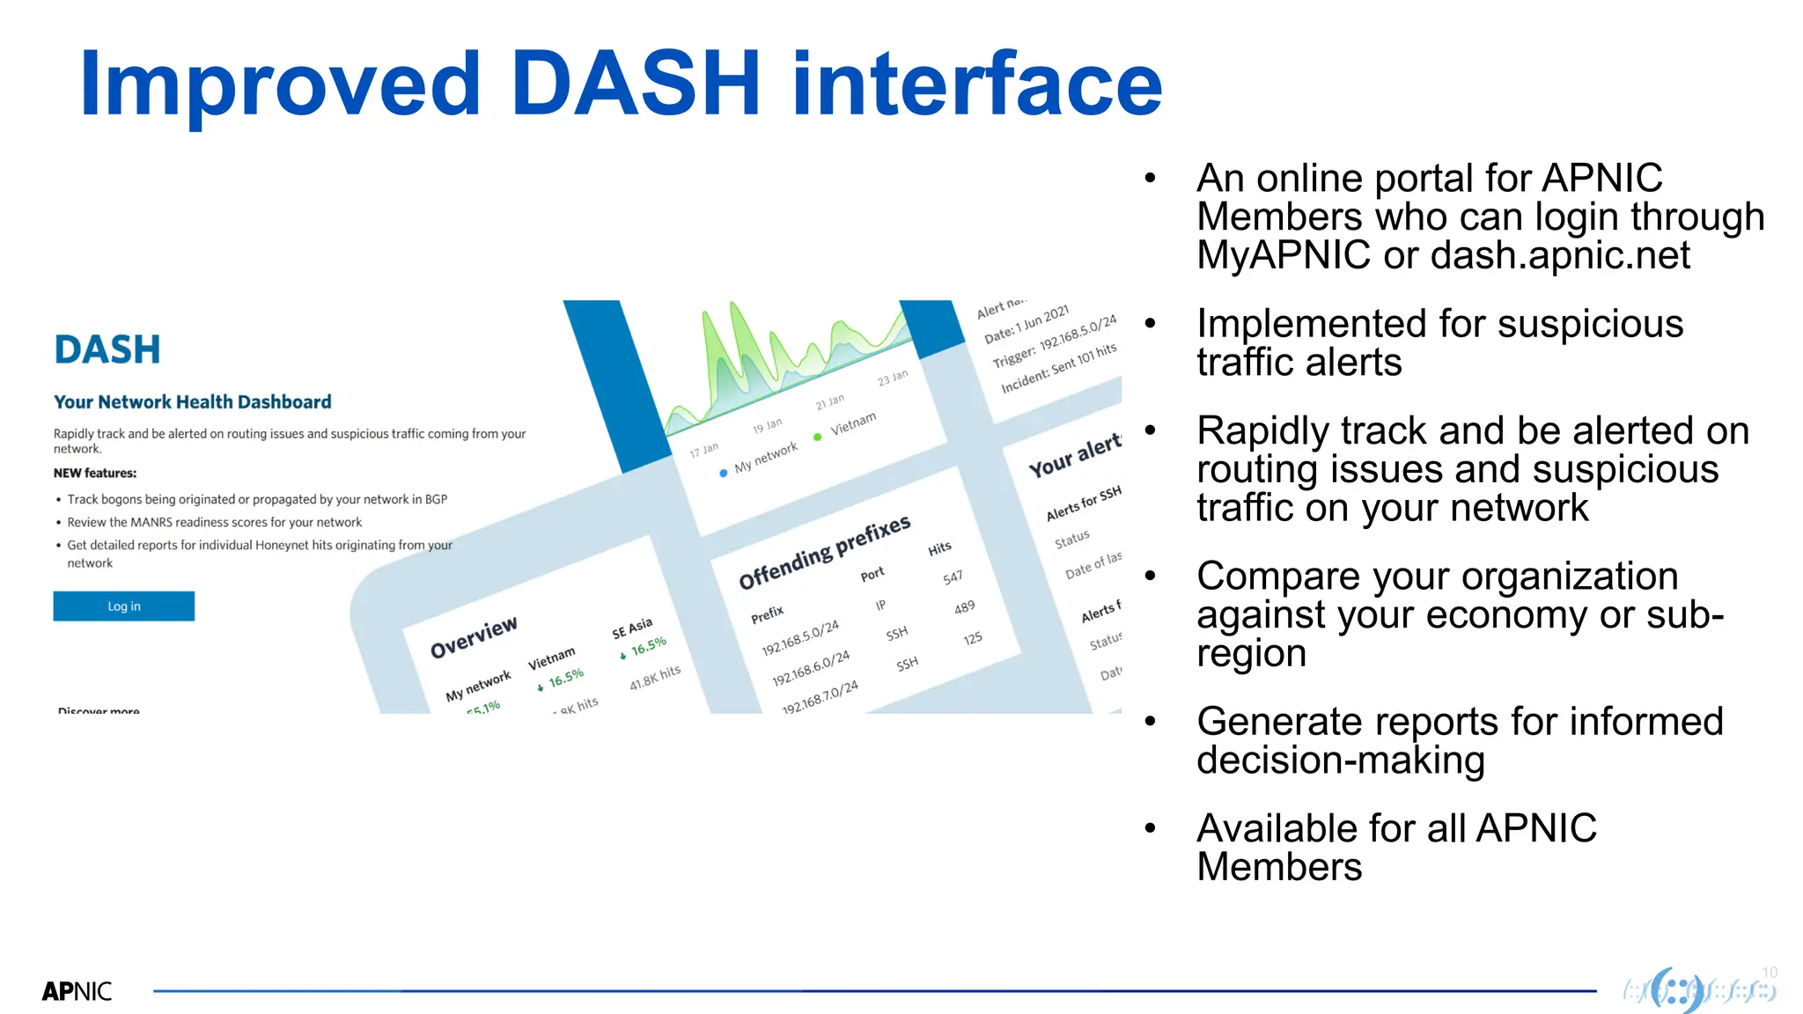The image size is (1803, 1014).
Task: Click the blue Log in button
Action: pos(123,606)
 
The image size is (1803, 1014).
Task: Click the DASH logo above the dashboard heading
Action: pos(107,350)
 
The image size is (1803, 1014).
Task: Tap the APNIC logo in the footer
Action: pos(77,991)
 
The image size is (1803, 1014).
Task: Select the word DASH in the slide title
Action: pos(635,84)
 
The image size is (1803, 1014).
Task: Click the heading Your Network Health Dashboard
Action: pos(192,402)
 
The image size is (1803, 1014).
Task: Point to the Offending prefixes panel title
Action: pos(824,552)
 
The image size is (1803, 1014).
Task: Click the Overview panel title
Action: pos(474,637)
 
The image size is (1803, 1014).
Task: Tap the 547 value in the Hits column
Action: pos(953,577)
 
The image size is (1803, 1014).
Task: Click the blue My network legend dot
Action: pos(724,473)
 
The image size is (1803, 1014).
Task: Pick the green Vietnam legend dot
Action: pos(818,437)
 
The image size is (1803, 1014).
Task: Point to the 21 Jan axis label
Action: pos(829,402)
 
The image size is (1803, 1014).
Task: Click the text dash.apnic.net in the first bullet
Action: pos(1559,256)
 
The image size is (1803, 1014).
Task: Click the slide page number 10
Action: pos(1770,973)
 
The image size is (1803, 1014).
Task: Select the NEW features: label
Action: pos(95,474)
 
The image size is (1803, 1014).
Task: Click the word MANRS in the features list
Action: pos(151,523)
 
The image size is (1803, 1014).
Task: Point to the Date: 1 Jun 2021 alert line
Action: pos(1027,324)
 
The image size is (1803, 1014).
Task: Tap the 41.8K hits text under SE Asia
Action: pos(655,677)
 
